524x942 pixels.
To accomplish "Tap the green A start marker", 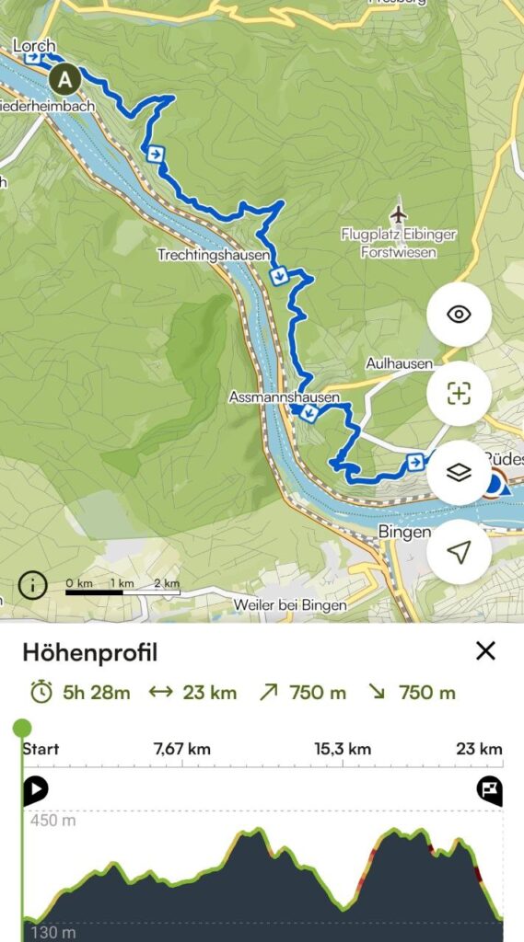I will (x=64, y=80).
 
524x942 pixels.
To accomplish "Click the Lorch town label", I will (x=34, y=46).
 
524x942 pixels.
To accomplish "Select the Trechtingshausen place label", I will (x=214, y=255).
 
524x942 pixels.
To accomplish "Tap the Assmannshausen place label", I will (x=285, y=398).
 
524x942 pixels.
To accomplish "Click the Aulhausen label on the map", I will (x=399, y=363).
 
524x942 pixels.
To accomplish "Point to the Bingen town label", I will (x=404, y=533).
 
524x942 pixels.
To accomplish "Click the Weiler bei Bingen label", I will (x=290, y=605).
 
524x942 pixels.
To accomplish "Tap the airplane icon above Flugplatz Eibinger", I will (x=398, y=213).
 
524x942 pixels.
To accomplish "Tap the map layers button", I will (x=459, y=472).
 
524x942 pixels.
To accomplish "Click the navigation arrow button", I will (x=459, y=551).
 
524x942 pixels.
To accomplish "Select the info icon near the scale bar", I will (x=32, y=584).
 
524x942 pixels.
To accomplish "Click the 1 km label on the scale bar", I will (x=122, y=583).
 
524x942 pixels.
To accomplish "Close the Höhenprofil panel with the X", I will (x=485, y=651).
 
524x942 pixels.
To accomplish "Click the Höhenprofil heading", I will (x=89, y=653).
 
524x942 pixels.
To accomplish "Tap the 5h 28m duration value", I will (x=96, y=693).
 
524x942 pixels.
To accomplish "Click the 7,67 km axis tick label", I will (x=181, y=749).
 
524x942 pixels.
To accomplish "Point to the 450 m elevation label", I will (x=52, y=821).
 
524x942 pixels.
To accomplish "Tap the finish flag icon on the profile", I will (x=489, y=788).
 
